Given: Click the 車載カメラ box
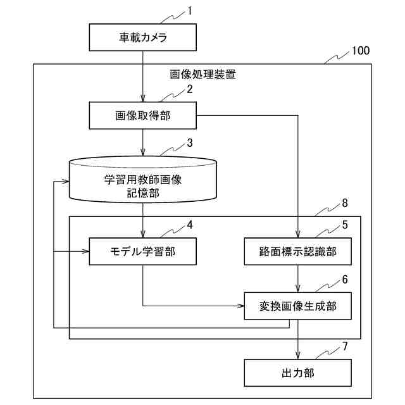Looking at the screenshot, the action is [142, 37].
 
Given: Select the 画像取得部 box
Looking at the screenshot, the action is [142, 115].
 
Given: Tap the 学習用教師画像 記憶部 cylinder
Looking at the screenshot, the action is [143, 179].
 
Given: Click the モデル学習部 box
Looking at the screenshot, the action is [142, 251].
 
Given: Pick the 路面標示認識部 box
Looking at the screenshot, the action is [298, 251].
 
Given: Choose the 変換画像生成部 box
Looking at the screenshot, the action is [298, 306].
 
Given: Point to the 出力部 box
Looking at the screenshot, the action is [298, 373].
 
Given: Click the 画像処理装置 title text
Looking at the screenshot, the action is [202, 75].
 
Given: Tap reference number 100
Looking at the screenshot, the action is [361, 51].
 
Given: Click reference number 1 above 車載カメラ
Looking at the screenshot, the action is [190, 11].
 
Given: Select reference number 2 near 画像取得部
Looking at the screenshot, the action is [190, 89].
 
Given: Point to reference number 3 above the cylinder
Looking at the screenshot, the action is [190, 143].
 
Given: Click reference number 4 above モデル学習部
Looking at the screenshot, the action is [190, 225].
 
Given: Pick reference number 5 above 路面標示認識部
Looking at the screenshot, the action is [345, 225].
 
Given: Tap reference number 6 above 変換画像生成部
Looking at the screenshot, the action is [345, 280].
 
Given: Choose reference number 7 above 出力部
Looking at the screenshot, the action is [345, 346].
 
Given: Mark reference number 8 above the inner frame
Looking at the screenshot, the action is [345, 203].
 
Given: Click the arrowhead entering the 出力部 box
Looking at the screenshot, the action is [298, 356].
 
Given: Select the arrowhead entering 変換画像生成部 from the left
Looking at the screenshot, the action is [240, 306].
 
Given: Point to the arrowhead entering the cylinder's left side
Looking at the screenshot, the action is [65, 182].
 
